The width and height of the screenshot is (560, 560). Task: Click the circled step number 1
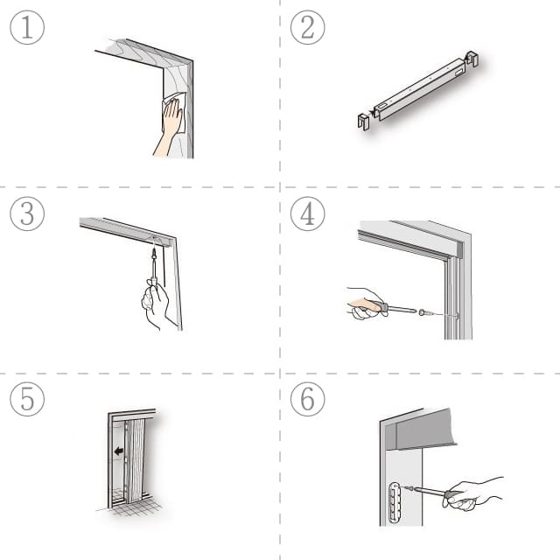click(x=27, y=27)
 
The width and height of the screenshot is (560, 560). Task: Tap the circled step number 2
click(x=307, y=27)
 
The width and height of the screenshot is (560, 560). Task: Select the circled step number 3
click(x=27, y=213)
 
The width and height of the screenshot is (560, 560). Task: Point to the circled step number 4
click(x=307, y=213)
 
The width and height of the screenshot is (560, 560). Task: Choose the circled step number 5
click(x=27, y=399)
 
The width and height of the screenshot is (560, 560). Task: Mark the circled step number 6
click(x=307, y=399)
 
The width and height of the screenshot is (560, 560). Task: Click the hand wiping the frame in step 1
click(x=171, y=126)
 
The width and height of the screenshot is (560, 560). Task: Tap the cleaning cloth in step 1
click(x=175, y=111)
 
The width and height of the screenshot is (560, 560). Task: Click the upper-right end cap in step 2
click(x=472, y=59)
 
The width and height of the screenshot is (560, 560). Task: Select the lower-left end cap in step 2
click(x=364, y=121)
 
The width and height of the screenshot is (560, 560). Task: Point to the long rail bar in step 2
click(x=420, y=89)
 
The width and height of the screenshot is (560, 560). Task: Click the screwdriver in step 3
click(x=154, y=266)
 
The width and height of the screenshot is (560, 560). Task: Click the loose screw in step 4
click(x=426, y=313)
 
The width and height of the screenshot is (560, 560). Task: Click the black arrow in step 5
click(x=119, y=451)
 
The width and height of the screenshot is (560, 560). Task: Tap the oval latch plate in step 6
click(x=395, y=502)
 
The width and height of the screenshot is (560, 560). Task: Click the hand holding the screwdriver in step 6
click(x=472, y=493)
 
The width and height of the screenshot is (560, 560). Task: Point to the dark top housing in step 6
click(x=425, y=430)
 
